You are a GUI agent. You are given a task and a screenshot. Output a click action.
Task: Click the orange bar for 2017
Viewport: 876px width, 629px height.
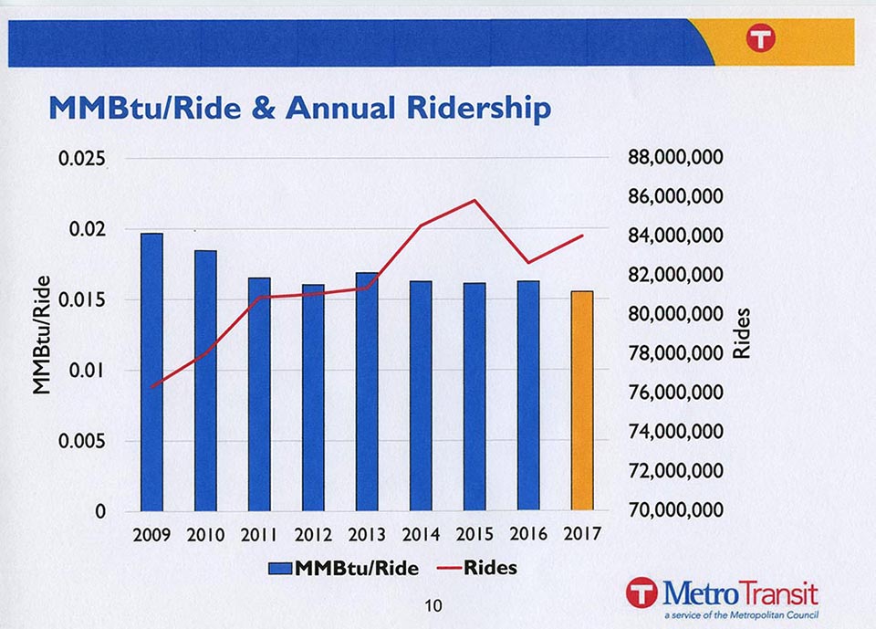(x=582, y=401)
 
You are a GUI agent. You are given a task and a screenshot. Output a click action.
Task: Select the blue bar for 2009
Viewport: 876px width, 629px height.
(x=151, y=372)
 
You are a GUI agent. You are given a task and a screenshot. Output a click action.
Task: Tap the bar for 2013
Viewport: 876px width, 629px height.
(x=367, y=391)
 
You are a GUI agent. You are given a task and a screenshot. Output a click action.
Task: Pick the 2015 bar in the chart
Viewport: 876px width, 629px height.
(x=474, y=396)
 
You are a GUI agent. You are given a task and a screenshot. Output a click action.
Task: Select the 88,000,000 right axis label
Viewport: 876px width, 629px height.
(x=676, y=157)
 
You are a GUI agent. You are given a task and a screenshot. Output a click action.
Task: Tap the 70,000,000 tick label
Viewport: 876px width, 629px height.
(x=676, y=510)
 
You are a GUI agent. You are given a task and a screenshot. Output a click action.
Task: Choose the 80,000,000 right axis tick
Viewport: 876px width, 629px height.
(x=676, y=314)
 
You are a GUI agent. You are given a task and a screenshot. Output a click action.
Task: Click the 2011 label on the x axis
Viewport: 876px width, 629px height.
(x=259, y=535)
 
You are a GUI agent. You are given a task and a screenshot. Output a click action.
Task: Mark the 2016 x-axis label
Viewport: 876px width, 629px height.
(x=528, y=534)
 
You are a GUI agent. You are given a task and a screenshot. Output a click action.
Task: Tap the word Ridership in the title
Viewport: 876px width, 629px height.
(x=480, y=109)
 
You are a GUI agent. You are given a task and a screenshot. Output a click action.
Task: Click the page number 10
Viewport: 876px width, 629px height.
(x=433, y=604)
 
